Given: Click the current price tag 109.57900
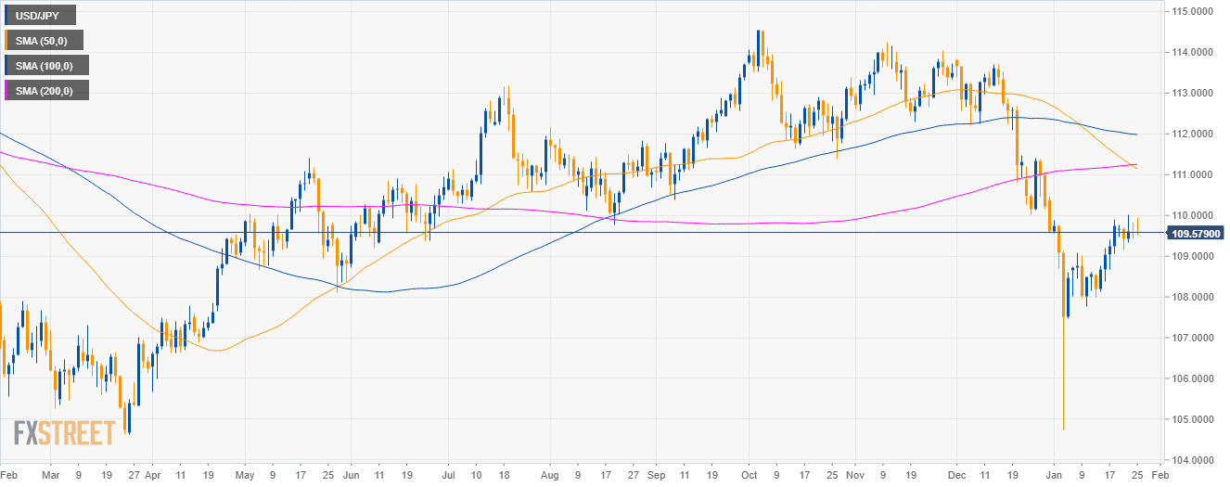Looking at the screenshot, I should (1196, 233).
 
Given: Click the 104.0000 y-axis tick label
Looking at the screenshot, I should (1195, 460).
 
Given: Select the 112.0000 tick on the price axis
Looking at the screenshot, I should (1195, 134).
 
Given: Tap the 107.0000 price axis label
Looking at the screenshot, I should (1195, 338).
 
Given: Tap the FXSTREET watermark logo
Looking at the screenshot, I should (65, 432).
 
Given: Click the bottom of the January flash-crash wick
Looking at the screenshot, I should (1062, 429).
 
